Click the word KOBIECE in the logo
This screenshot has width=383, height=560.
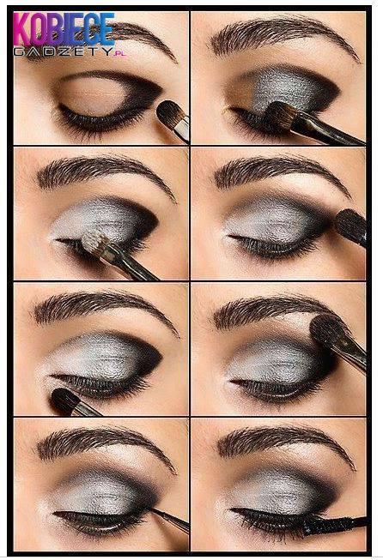point(64,28)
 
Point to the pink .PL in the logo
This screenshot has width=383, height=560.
point(120,54)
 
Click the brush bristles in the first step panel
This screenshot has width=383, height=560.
point(167,111)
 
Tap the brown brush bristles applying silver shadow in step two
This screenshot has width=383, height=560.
point(281,116)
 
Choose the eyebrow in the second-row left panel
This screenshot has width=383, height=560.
point(104,174)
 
